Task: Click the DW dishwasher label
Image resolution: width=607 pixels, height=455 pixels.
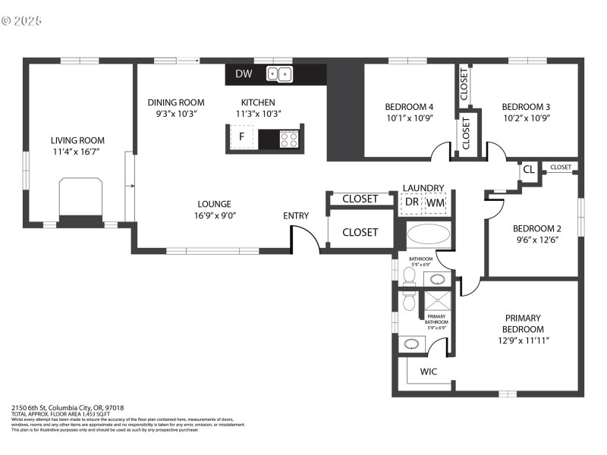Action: click(x=244, y=74)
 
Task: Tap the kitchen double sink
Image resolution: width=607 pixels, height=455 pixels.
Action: click(x=279, y=74)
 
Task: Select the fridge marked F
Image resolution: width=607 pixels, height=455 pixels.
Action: click(x=242, y=137)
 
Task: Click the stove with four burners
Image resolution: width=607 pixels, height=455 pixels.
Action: click(x=289, y=139)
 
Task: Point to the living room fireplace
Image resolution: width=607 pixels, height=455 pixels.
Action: click(x=80, y=199)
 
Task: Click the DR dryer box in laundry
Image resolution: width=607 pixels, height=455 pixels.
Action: click(x=411, y=203)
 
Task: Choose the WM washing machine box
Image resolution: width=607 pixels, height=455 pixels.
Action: click(x=436, y=203)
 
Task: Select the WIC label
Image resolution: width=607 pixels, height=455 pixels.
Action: click(x=429, y=372)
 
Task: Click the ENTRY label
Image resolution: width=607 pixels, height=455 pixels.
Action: click(x=296, y=216)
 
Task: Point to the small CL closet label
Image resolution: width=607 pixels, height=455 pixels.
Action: click(x=528, y=170)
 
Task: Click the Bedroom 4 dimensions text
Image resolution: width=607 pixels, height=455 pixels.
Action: click(x=409, y=118)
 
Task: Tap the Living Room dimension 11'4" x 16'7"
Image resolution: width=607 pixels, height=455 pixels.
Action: click(x=77, y=152)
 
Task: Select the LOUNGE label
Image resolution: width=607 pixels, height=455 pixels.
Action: click(x=214, y=204)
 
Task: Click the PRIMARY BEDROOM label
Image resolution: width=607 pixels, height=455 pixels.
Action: click(x=524, y=324)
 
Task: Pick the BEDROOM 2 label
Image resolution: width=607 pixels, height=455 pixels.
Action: click(x=536, y=229)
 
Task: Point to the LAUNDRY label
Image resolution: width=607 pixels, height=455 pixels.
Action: click(x=423, y=188)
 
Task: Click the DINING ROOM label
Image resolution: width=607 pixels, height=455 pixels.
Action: click(x=176, y=102)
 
